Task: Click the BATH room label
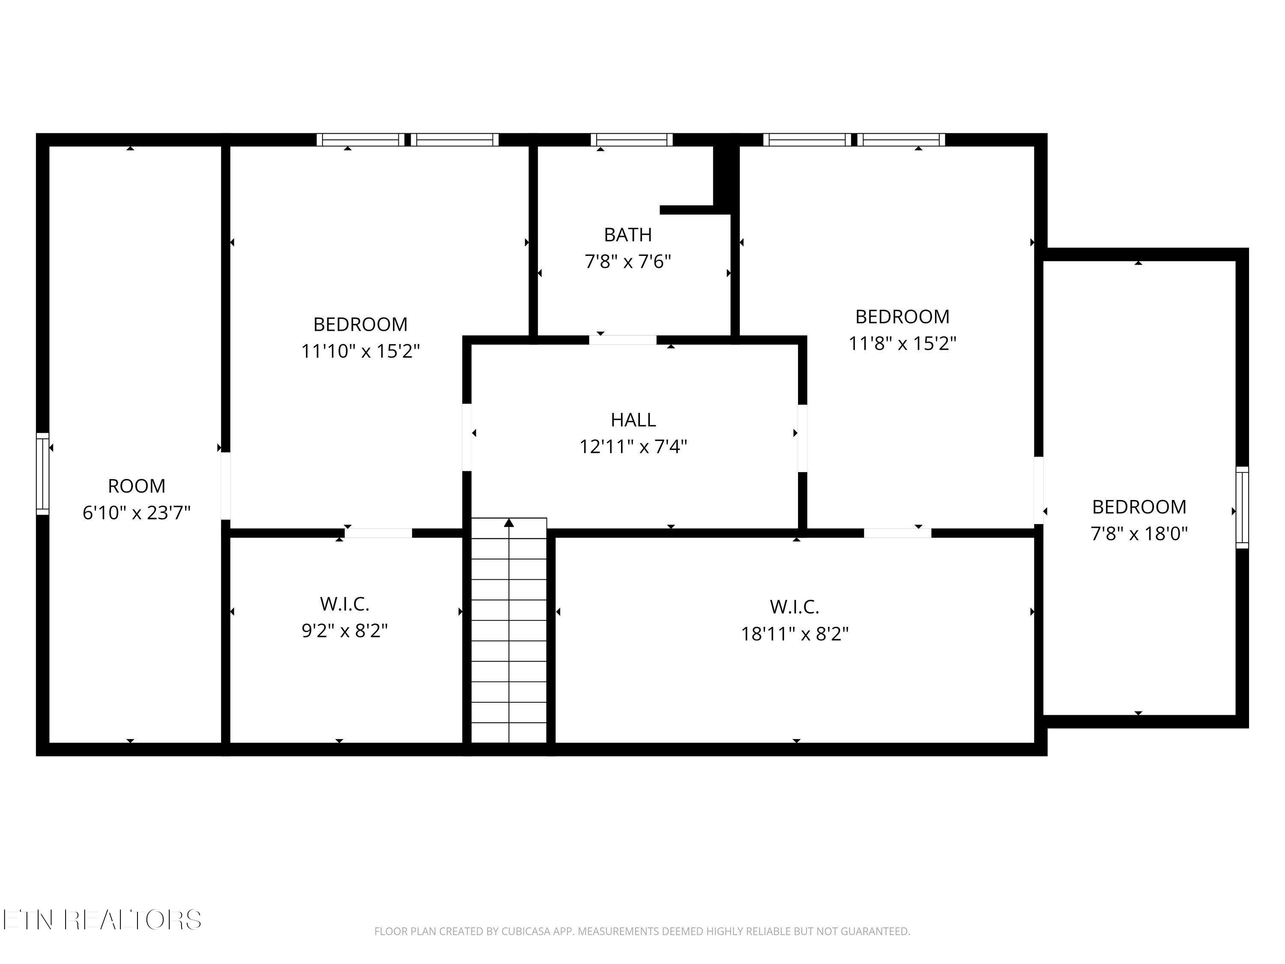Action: coord(628,235)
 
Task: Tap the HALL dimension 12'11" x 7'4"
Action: coord(633,447)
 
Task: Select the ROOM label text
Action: coord(137,486)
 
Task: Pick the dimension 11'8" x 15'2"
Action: coord(902,344)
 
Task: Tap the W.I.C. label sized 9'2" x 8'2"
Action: coord(344,604)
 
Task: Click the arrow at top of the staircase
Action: coord(509,523)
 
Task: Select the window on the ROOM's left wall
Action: coord(42,473)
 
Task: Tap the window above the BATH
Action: coord(631,139)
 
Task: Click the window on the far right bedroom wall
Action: coord(1241,507)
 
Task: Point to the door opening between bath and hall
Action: coord(623,340)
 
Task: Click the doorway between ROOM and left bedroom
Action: coord(225,486)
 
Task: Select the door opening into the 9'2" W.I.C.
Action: coord(378,533)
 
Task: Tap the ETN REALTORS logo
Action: coord(102,920)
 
